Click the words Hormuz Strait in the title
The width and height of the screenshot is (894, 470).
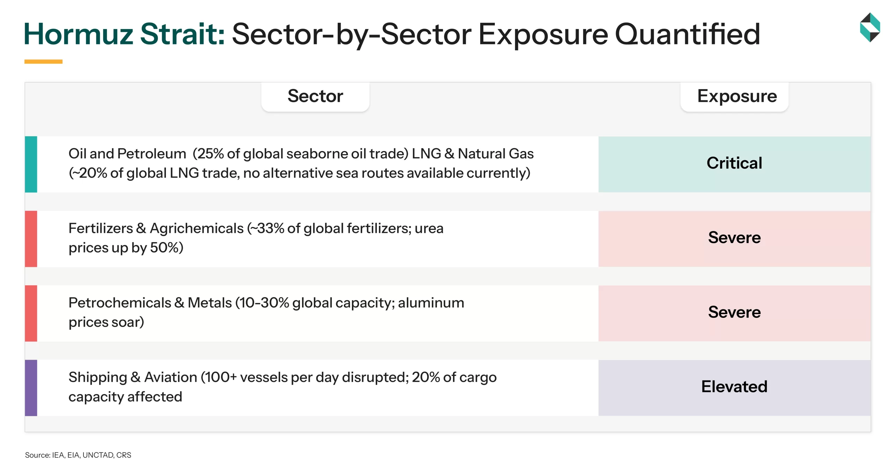point(124,34)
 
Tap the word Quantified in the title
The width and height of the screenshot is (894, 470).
point(687,34)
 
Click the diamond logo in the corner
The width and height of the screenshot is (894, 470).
point(870,27)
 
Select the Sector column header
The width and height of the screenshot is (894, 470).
point(315,96)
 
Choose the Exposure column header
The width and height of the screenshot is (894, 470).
point(737,96)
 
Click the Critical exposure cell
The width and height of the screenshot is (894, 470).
point(734,164)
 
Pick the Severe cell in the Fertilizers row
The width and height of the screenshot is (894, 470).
point(734,238)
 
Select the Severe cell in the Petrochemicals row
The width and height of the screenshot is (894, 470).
point(734,313)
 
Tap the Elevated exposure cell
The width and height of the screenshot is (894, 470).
point(734,387)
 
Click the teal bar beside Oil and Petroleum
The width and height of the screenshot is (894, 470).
point(31,164)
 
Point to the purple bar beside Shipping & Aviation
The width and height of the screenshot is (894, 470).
point(31,387)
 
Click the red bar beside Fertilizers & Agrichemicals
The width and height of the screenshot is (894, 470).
point(31,238)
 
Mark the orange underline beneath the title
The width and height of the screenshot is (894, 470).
point(43,62)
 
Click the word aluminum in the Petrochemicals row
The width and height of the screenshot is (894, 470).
point(431,303)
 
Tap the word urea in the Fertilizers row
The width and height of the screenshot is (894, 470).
point(429,229)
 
